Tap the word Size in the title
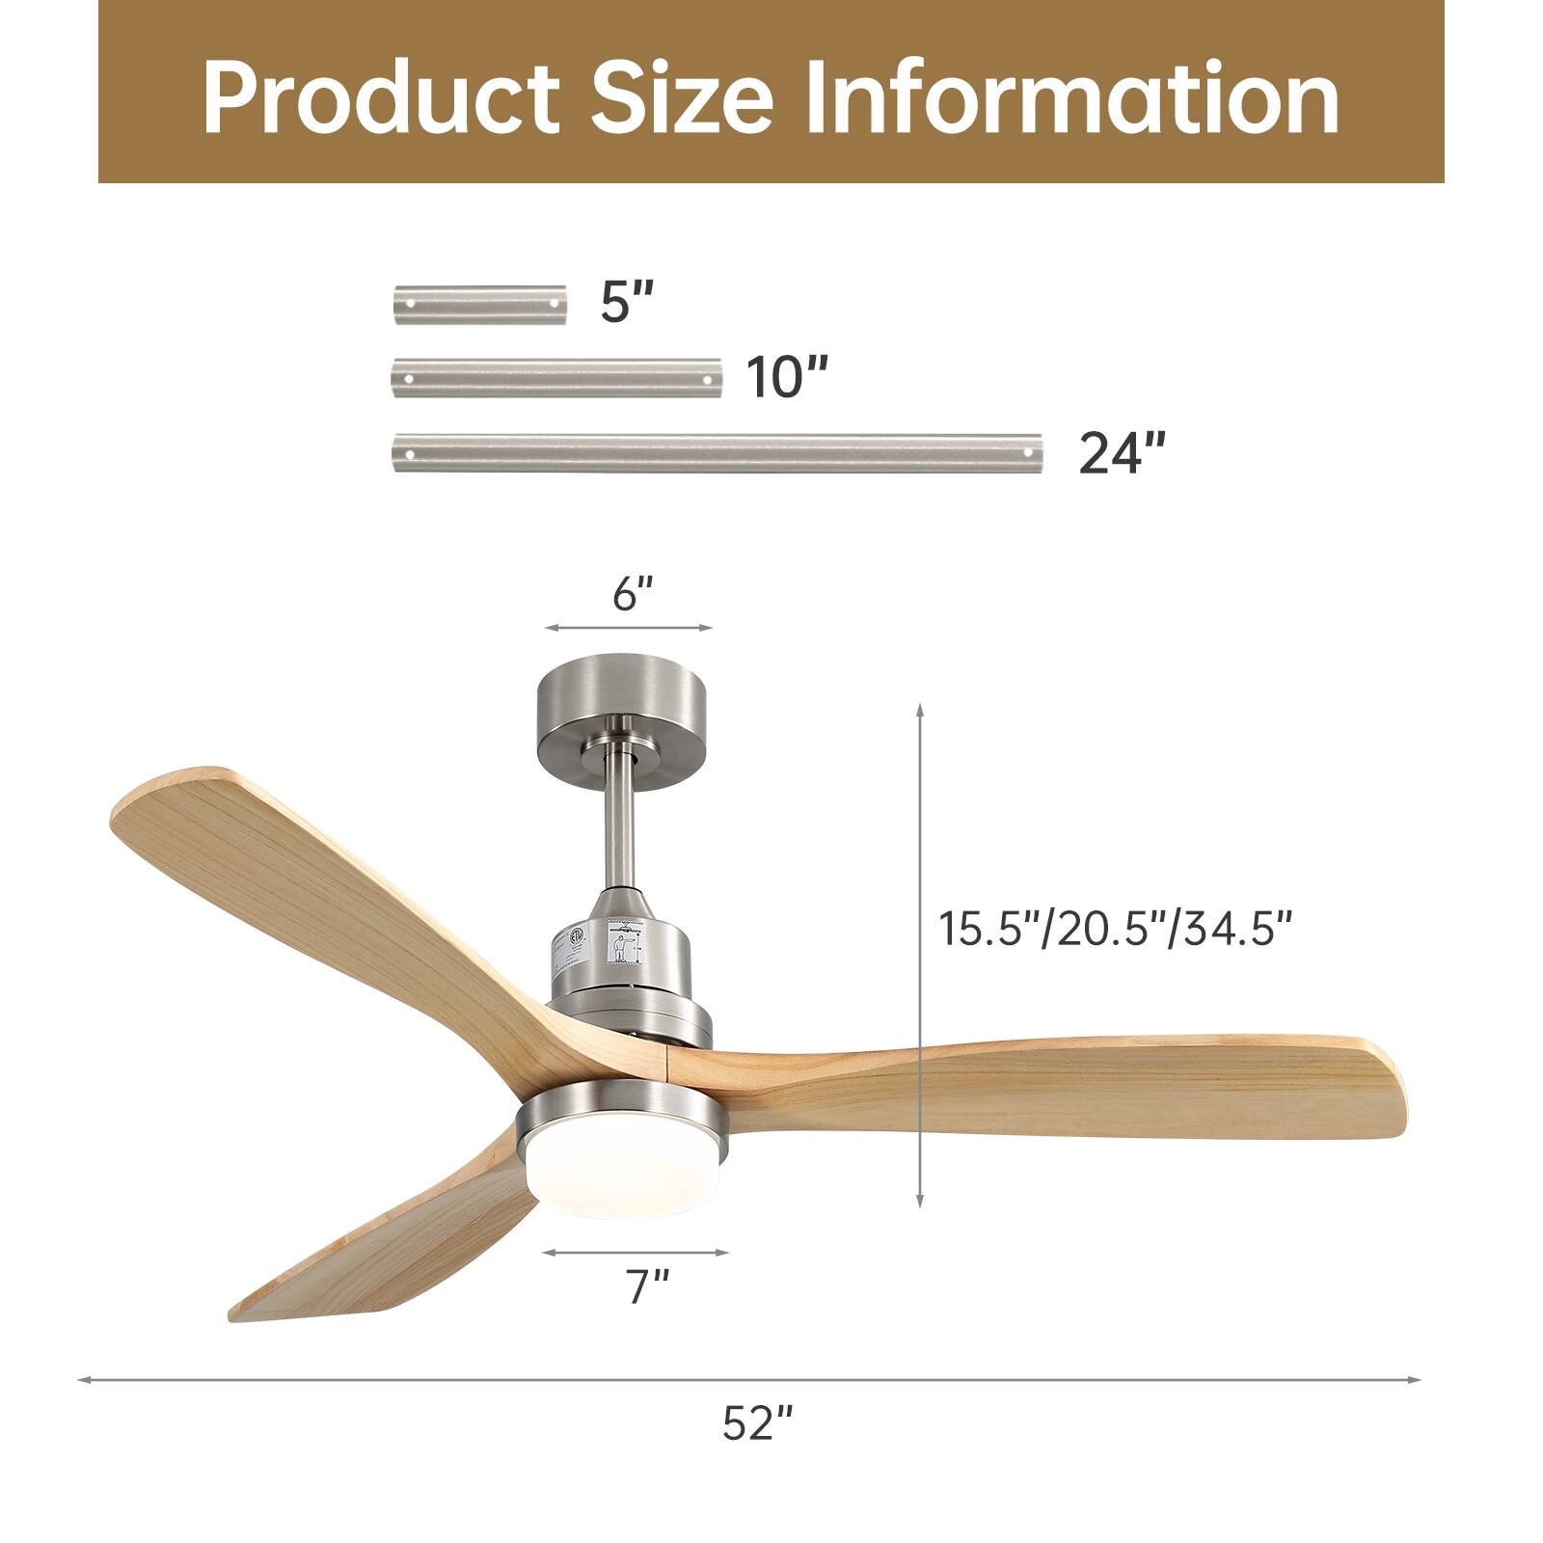pyautogui.click(x=682, y=98)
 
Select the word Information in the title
pyautogui.click(x=1071, y=98)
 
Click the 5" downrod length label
pyautogui.click(x=627, y=303)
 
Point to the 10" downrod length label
pyautogui.click(x=787, y=376)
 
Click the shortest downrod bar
pyautogui.click(x=479, y=304)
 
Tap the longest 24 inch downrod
pyautogui.click(x=717, y=452)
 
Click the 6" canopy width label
pyautogui.click(x=633, y=595)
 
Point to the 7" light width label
pyautogui.click(x=646, y=1287)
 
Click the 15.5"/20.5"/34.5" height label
pyautogui.click(x=1115, y=930)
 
